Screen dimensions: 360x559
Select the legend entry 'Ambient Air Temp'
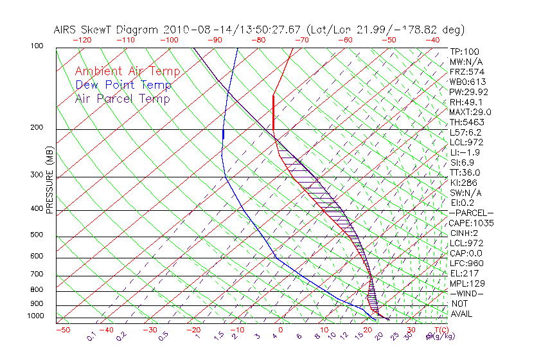pyautogui.click(x=127, y=71)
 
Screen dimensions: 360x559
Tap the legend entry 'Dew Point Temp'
pyautogui.click(x=123, y=85)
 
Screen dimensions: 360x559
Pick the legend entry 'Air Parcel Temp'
pyautogui.click(x=122, y=98)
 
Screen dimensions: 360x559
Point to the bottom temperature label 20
pyautogui.click(x=368, y=330)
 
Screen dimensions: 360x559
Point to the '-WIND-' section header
pyautogui.click(x=467, y=293)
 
